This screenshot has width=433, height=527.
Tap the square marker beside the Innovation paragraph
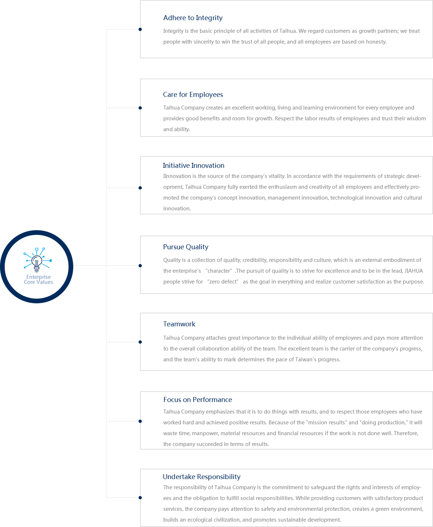tap(140, 188)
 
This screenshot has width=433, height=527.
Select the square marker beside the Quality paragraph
tap(140, 265)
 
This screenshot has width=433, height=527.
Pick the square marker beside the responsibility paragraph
tap(140, 497)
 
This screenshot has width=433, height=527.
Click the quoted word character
tap(219, 271)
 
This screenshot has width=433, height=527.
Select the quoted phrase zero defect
tap(223, 282)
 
